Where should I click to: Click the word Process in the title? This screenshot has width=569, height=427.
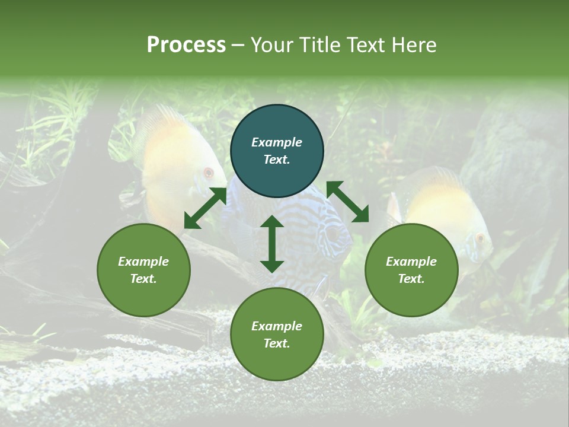[186, 45]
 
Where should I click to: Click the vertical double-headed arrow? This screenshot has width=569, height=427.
[272, 244]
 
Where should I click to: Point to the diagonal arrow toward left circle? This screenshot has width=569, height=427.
[205, 208]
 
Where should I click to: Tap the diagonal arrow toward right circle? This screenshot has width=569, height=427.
[347, 202]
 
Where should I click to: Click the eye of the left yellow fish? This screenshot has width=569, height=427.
[208, 173]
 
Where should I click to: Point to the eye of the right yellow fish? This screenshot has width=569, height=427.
[480, 238]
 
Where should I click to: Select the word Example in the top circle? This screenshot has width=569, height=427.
[277, 142]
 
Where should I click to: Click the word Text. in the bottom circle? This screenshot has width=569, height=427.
[277, 343]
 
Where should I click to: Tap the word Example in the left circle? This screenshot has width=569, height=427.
[143, 262]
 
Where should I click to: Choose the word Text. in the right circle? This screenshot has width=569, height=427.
[411, 279]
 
